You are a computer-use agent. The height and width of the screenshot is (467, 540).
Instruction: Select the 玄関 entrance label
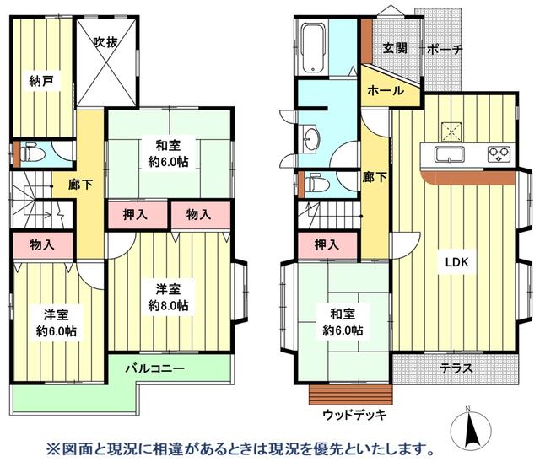click(396, 48)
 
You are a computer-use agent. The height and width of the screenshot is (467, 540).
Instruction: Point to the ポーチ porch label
click(444, 49)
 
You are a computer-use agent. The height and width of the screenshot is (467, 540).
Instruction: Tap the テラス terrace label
click(456, 368)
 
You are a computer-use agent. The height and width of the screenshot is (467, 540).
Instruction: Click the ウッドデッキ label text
click(354, 414)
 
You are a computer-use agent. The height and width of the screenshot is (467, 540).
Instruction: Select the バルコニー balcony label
click(158, 368)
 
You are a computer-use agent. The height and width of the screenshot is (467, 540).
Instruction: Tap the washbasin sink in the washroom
click(310, 139)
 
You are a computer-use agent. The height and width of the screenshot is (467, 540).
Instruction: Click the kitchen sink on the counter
click(448, 154)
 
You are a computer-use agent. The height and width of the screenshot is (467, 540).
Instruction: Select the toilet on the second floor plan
click(32, 154)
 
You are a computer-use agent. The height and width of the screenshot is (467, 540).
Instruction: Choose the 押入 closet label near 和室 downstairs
click(327, 245)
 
